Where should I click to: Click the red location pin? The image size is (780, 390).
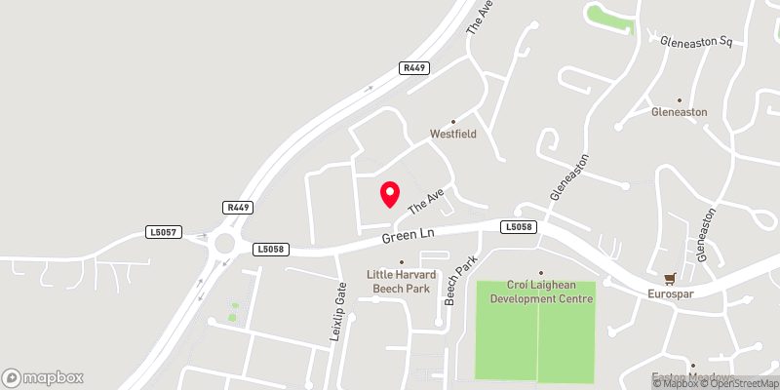[x=390, y=194]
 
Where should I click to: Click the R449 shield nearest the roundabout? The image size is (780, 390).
[x=238, y=208]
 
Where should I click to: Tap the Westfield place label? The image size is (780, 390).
[x=453, y=134]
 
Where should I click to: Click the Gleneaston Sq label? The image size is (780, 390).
[x=696, y=43]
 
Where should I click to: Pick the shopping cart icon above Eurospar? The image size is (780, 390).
[x=669, y=279]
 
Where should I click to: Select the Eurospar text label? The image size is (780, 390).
[x=669, y=293]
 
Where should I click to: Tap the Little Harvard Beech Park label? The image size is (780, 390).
[x=399, y=281]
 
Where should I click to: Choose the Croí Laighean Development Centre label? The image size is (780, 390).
[x=541, y=290]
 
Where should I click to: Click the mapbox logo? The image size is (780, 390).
[x=43, y=377]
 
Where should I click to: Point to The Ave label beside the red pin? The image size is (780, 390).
[x=427, y=201]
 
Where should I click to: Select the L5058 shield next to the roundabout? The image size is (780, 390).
[x=272, y=250]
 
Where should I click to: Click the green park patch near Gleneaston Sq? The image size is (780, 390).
[x=609, y=17]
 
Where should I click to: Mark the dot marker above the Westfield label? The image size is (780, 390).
[x=453, y=121]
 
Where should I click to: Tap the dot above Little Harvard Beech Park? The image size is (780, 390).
[x=401, y=261]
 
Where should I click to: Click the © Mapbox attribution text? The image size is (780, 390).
[x=674, y=383]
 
